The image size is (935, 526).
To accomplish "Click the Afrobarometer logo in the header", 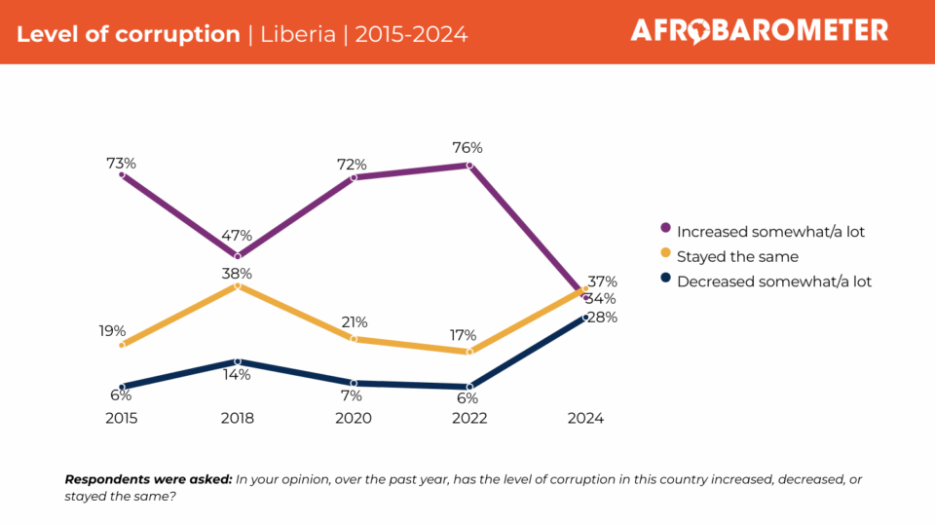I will pos(759,31).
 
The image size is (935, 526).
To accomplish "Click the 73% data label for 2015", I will pos(121,163).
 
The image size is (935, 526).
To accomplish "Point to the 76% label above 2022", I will pos(467,148).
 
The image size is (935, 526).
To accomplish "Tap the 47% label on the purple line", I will pos(237,235).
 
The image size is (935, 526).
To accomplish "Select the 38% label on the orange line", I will pos(237,273).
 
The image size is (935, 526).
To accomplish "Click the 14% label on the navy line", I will pos(237,374).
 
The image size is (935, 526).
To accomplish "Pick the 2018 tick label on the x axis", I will pos(237,418).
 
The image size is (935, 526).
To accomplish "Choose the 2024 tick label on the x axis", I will pos(585,418).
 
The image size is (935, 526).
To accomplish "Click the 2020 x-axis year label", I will pos(353,418).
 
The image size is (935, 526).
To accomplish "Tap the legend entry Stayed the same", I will pos(736,257).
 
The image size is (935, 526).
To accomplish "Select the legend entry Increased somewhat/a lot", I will pos(769,232).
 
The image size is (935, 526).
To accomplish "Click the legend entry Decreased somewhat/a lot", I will pos(773,282).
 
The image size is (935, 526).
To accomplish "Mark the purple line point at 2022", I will pos(469,166).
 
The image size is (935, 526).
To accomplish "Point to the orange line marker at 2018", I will pos(237,286).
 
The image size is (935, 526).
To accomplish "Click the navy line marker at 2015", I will pos(122,387).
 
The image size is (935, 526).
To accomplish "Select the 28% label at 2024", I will pos(602,317).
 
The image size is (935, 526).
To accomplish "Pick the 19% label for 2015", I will pos(112,331).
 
